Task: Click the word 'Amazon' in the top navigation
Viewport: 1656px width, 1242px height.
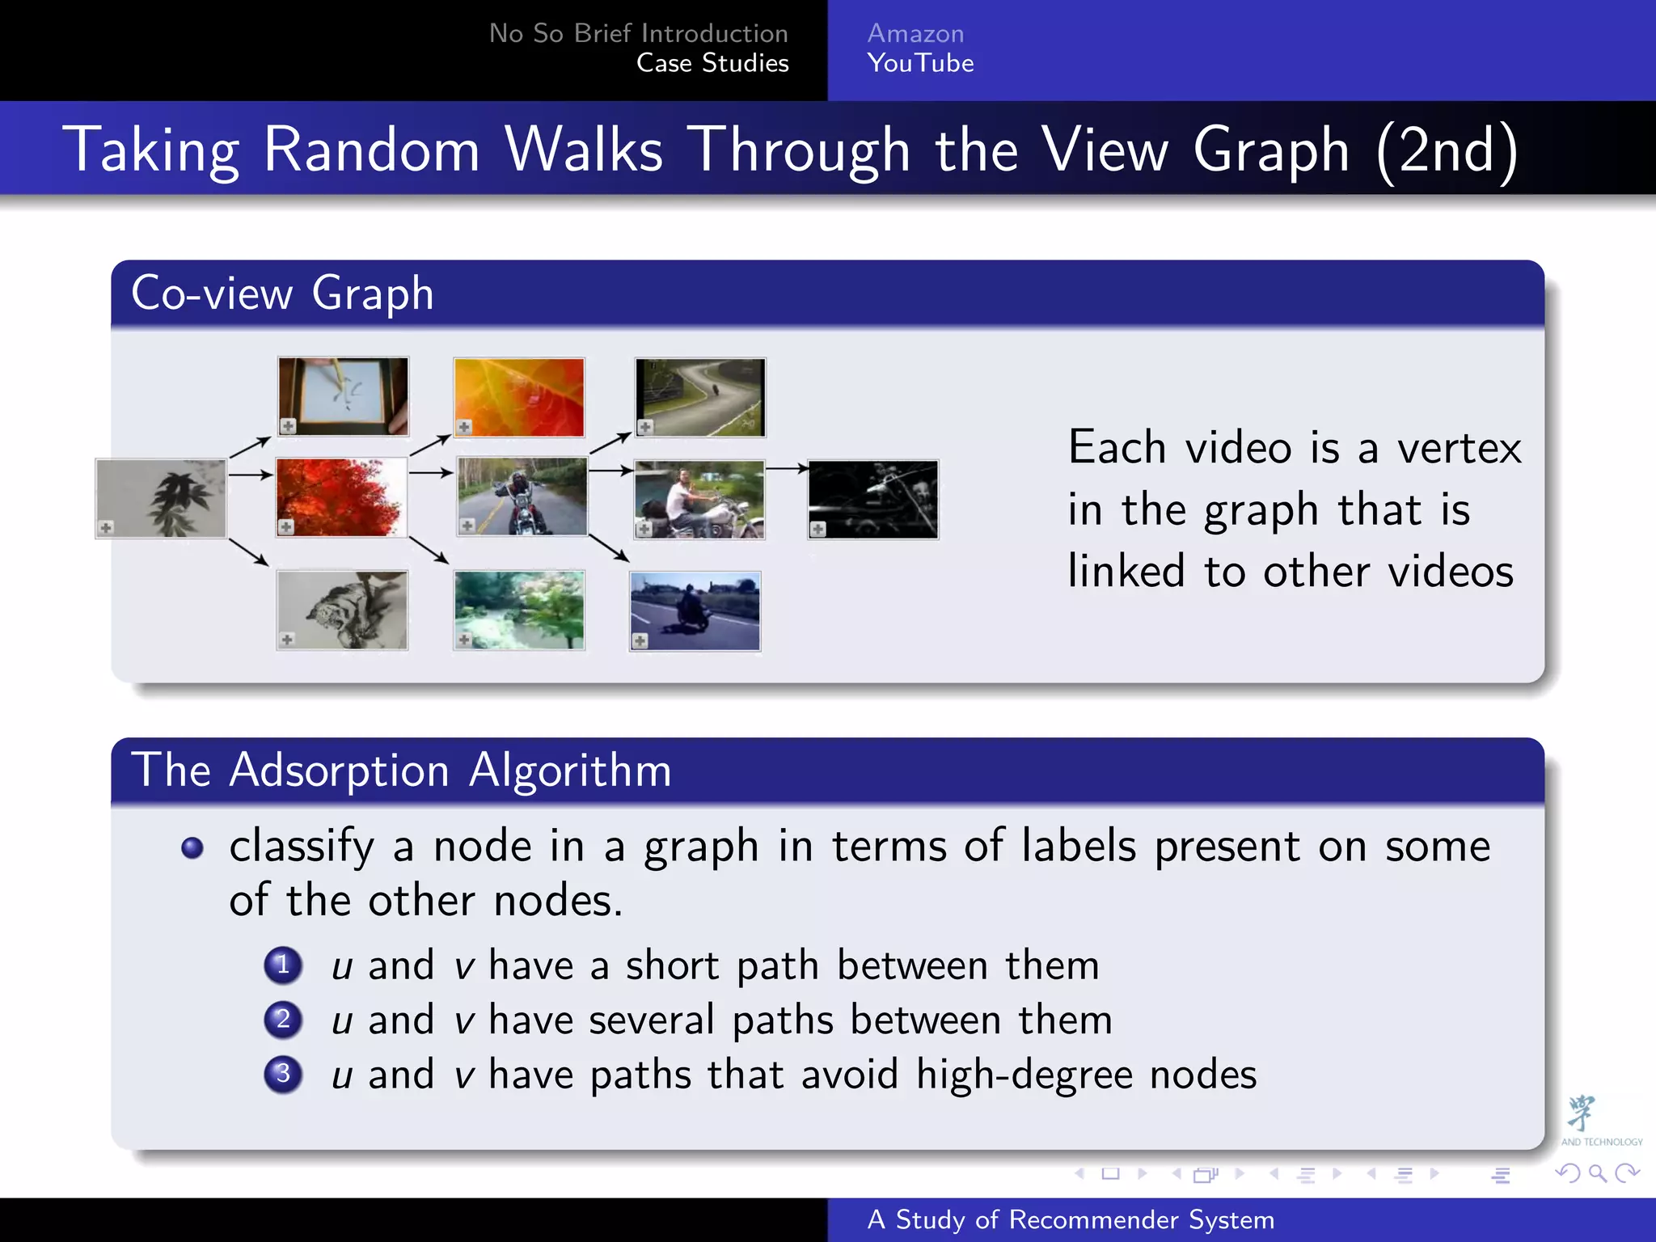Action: click(915, 33)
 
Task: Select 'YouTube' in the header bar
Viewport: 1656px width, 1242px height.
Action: click(920, 63)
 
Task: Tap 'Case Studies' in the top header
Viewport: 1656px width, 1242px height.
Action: click(712, 63)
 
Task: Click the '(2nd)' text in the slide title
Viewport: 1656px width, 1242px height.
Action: click(1446, 150)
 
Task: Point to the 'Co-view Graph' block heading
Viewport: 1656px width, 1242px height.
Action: click(282, 293)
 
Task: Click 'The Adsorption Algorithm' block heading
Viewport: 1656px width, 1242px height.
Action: click(401, 770)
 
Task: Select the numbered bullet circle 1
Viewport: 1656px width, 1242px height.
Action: click(283, 965)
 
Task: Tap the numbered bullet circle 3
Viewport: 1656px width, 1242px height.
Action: click(283, 1074)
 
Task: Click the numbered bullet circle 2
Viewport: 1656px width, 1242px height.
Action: click(283, 1019)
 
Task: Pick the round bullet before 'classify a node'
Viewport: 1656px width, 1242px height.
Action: click(192, 847)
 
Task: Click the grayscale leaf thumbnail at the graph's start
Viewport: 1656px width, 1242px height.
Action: click(161, 498)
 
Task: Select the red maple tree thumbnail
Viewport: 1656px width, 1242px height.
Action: click(341, 497)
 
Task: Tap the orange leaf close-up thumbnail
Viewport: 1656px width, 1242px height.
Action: click(519, 397)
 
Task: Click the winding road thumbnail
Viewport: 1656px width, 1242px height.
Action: click(700, 397)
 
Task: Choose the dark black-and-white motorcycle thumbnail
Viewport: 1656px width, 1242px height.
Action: click(873, 499)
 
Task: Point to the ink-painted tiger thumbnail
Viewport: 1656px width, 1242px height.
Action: click(342, 610)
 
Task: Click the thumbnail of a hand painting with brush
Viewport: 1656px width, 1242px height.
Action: click(343, 396)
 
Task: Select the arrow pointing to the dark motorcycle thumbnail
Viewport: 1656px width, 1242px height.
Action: click(787, 468)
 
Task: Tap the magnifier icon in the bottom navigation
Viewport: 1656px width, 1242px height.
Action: click(1597, 1172)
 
